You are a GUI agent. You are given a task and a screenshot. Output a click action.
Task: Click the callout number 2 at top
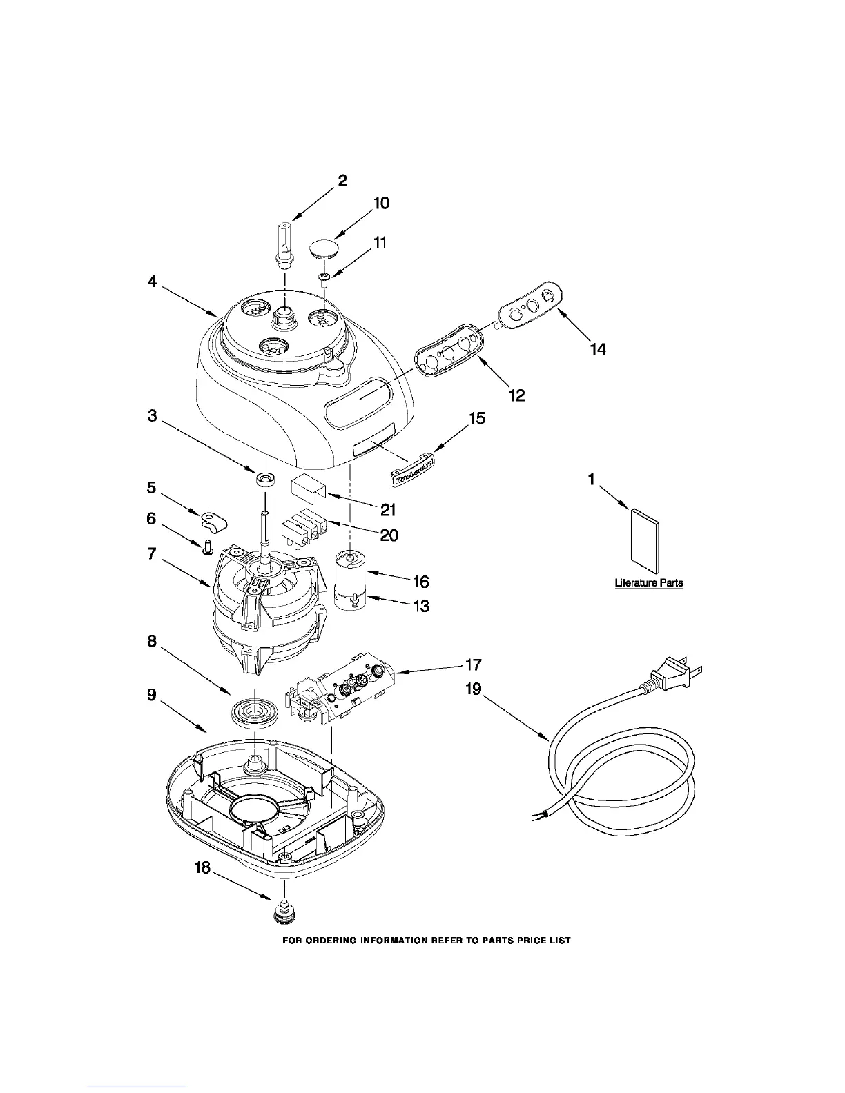(342, 181)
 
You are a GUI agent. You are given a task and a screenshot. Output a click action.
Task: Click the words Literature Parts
(649, 583)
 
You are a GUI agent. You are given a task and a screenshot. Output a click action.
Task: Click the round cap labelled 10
(324, 248)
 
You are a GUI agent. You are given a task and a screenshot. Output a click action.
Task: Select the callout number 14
(598, 350)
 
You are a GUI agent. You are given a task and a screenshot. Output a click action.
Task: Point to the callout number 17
(474, 666)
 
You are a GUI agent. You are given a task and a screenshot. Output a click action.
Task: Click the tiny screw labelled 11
(324, 277)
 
